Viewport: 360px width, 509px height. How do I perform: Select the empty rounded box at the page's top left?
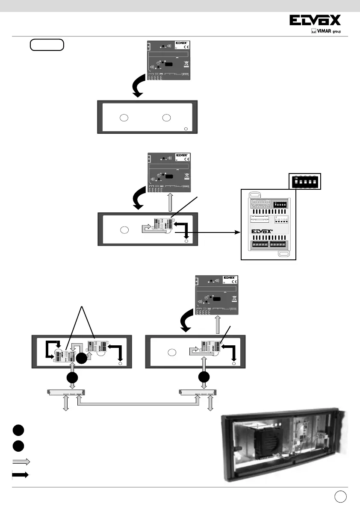click(x=47, y=44)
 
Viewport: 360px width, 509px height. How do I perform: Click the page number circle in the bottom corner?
click(x=340, y=497)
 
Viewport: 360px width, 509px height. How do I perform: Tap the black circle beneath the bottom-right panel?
click(x=204, y=378)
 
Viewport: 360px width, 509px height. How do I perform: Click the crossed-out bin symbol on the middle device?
click(x=186, y=177)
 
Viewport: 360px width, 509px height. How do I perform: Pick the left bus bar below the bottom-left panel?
click(x=66, y=392)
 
